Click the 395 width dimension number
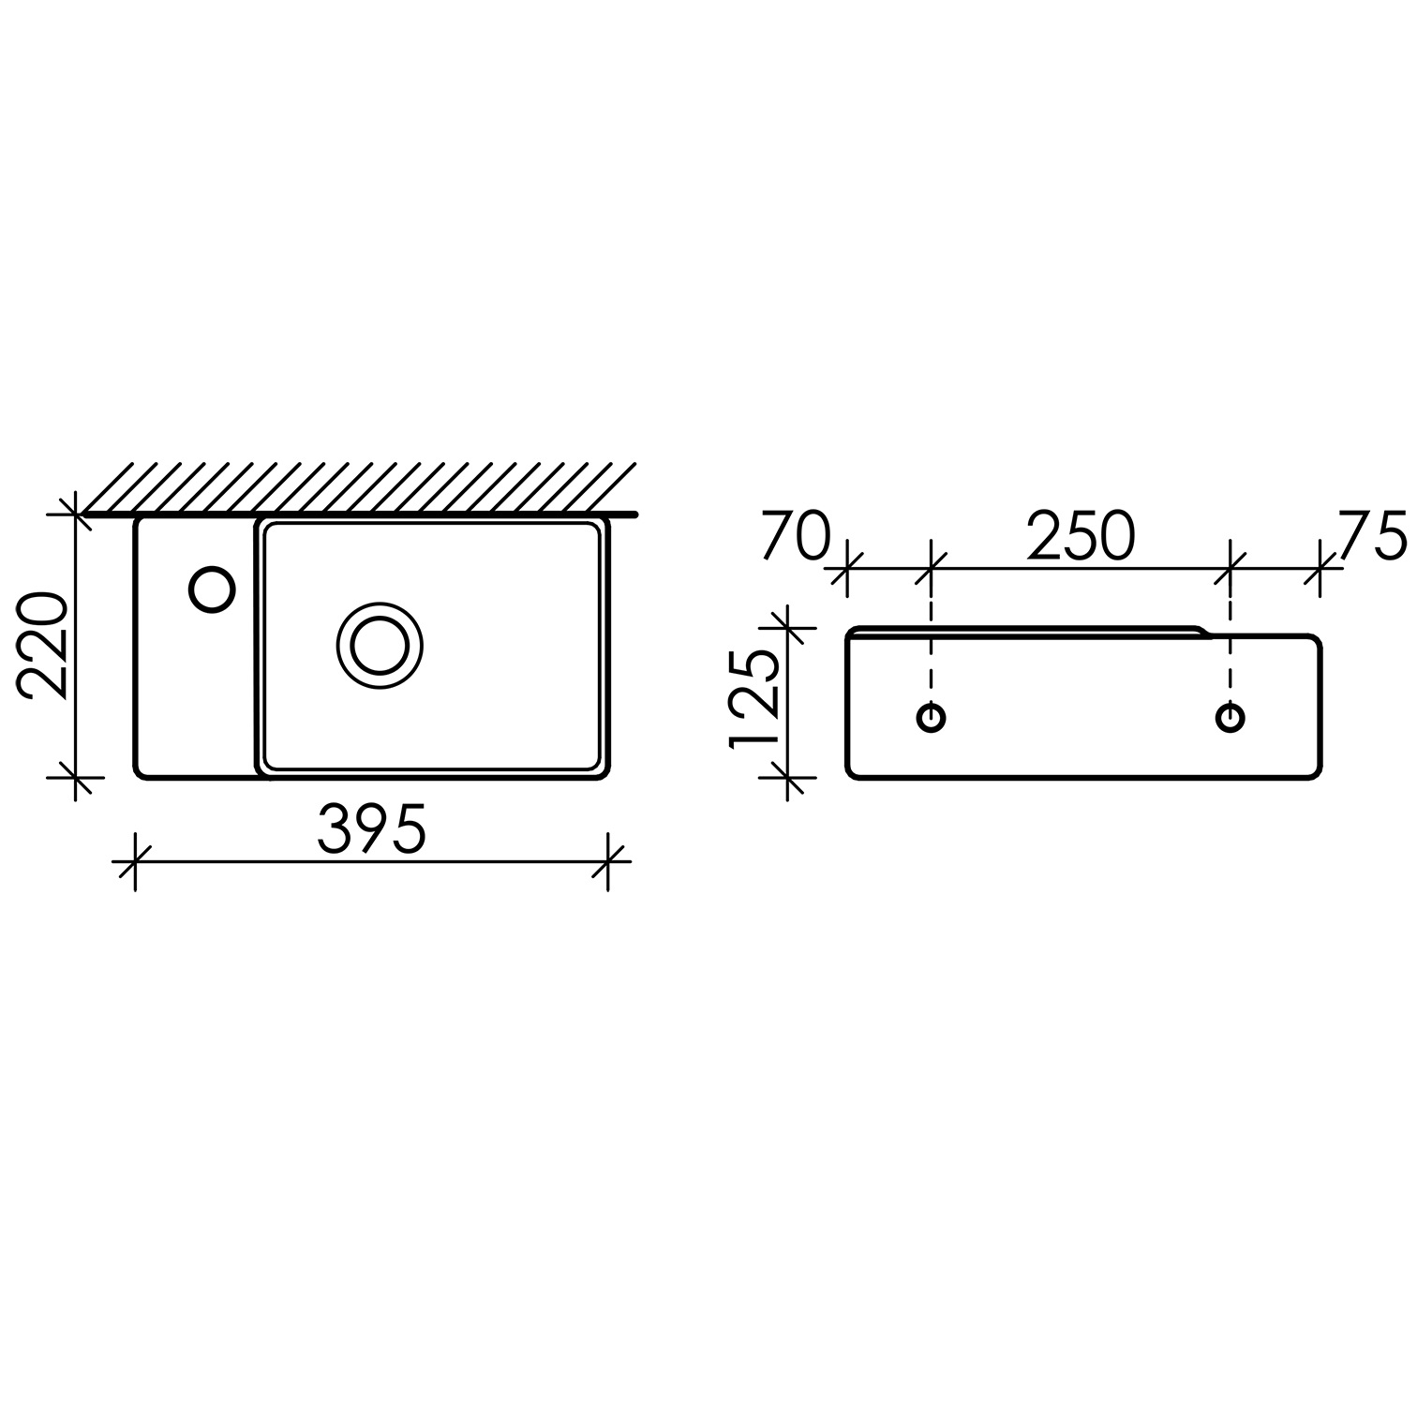click(x=372, y=829)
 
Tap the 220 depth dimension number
click(x=43, y=646)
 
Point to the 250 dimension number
click(x=1081, y=536)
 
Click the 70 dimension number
click(x=797, y=536)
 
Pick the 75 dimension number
click(x=1373, y=535)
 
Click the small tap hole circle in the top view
click(x=212, y=589)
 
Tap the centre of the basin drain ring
click(x=380, y=645)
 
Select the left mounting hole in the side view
click(x=931, y=718)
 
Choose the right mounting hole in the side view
click(x=1231, y=718)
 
